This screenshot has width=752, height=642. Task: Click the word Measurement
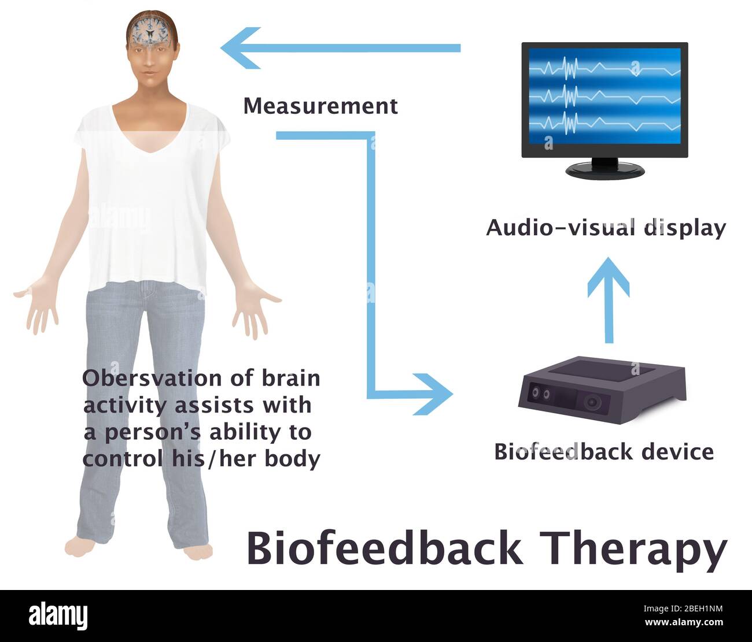pos(320,106)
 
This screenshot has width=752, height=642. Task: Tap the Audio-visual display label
pos(606,228)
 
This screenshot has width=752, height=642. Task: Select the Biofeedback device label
pos(604,451)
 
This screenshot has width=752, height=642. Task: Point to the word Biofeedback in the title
pos(384,548)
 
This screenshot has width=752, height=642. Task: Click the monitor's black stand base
pos(604,170)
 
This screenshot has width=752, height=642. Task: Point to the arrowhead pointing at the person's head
pos(240,48)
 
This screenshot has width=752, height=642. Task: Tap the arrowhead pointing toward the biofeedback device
pos(434,394)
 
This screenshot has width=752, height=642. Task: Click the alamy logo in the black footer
pos(58,616)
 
